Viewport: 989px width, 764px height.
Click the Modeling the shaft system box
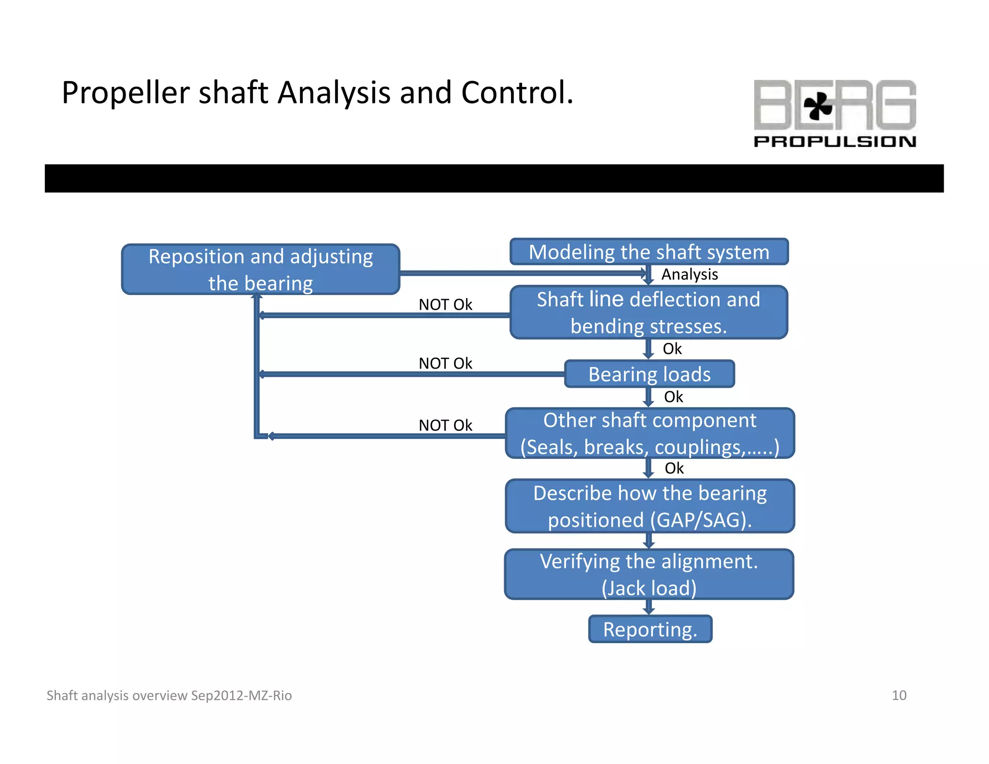(649, 252)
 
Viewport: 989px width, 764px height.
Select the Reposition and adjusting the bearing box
(260, 269)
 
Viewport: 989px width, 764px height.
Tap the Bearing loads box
(649, 374)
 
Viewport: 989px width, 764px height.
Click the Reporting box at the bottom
(650, 629)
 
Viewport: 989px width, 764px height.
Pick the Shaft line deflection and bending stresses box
(649, 312)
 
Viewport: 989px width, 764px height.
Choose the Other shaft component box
(650, 433)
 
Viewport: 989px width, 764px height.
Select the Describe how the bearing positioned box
(650, 506)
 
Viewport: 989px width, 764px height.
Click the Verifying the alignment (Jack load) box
(649, 574)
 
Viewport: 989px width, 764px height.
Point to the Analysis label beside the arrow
(689, 274)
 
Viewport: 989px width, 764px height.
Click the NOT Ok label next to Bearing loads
(445, 363)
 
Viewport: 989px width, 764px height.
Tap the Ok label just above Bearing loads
(672, 349)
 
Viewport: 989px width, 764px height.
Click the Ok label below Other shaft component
(674, 468)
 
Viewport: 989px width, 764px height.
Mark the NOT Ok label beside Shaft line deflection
(445, 305)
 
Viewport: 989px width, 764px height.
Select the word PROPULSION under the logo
(834, 141)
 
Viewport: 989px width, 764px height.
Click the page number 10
(899, 695)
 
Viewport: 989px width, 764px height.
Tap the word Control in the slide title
(517, 93)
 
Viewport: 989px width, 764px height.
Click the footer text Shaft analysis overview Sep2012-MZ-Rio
(169, 695)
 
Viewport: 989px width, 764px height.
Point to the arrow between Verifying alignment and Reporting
(649, 607)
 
